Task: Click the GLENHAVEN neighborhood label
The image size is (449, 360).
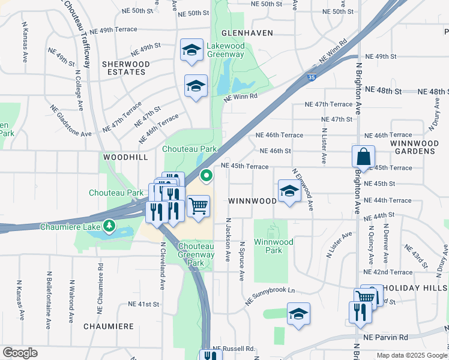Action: [x=247, y=33]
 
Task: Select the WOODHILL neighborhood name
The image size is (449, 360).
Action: [x=125, y=156]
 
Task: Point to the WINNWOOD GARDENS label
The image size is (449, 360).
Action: [x=412, y=147]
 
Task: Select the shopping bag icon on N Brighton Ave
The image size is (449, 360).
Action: [x=363, y=157]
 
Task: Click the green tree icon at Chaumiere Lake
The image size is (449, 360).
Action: [x=109, y=226]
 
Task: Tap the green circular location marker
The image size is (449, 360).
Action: [x=206, y=176]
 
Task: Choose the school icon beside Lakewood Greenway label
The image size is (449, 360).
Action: [x=191, y=50]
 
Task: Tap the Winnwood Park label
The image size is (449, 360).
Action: [x=273, y=246]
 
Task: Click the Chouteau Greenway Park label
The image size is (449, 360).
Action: [x=196, y=254]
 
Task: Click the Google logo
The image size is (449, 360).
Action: [x=20, y=353]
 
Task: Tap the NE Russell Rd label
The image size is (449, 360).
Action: [x=234, y=349]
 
